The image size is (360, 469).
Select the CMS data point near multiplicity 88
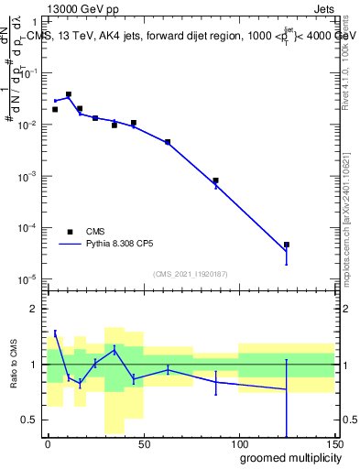215,180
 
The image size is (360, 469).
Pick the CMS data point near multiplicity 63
168,142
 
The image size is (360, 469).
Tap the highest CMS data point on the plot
69,94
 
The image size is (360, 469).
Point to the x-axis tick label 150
334,442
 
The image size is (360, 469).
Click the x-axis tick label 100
239,442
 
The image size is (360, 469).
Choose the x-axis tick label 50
144,442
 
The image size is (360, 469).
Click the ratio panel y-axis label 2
34,309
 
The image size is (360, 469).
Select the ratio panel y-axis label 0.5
29,420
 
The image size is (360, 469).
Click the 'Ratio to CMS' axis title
13,364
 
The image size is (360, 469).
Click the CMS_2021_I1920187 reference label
189,273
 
